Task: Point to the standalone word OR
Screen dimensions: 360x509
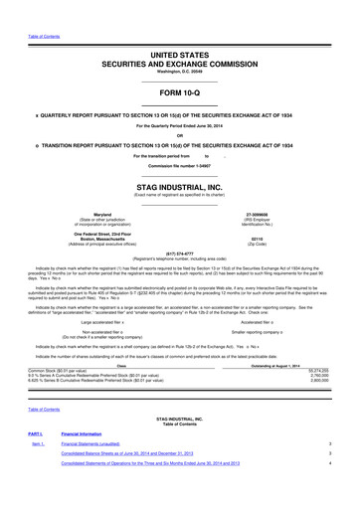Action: tap(179, 135)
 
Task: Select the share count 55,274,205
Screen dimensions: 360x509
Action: tap(339, 369)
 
